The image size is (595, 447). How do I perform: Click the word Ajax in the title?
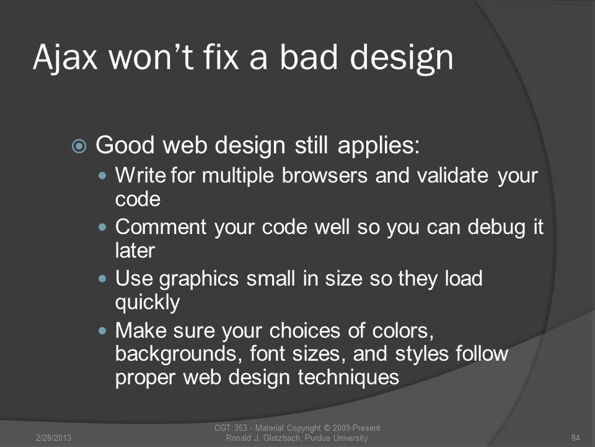[x=65, y=58]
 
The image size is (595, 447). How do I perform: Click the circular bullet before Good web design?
[x=79, y=146]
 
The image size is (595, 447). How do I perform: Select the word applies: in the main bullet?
[x=378, y=147]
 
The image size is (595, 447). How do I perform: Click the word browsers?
[x=325, y=176]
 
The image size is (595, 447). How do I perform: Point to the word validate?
[x=452, y=176]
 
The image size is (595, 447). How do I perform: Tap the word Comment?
[x=161, y=227]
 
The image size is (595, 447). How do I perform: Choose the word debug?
[x=496, y=228]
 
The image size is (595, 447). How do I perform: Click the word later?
[x=135, y=250]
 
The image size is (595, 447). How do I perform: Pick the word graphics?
[x=198, y=279]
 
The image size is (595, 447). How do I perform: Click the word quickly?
[x=148, y=303]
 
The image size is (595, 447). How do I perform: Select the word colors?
[x=403, y=331]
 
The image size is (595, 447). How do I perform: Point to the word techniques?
[x=348, y=378]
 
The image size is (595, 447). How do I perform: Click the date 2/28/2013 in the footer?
[x=53, y=438]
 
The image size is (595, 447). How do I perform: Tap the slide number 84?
[x=576, y=438]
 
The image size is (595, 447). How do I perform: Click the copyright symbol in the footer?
[x=327, y=428]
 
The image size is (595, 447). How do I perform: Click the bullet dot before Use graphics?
[x=102, y=279]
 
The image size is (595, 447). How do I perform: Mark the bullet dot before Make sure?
[x=102, y=331]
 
